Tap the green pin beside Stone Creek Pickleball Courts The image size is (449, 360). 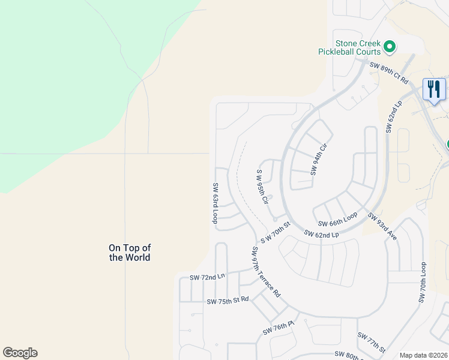click(389, 46)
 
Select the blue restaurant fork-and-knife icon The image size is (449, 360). click(433, 89)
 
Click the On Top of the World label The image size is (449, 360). click(130, 252)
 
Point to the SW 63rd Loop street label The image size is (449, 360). click(214, 203)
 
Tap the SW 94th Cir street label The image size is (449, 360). click(318, 159)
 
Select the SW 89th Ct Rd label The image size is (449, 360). click(388, 72)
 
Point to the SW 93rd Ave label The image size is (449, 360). click(382, 227)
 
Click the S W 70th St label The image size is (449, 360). click(276, 231)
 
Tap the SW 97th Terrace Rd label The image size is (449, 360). click(266, 272)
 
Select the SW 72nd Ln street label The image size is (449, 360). click(206, 277)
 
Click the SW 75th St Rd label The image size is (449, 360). click(227, 300)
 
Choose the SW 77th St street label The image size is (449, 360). click(370, 343)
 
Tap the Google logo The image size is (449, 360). click(20, 353)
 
